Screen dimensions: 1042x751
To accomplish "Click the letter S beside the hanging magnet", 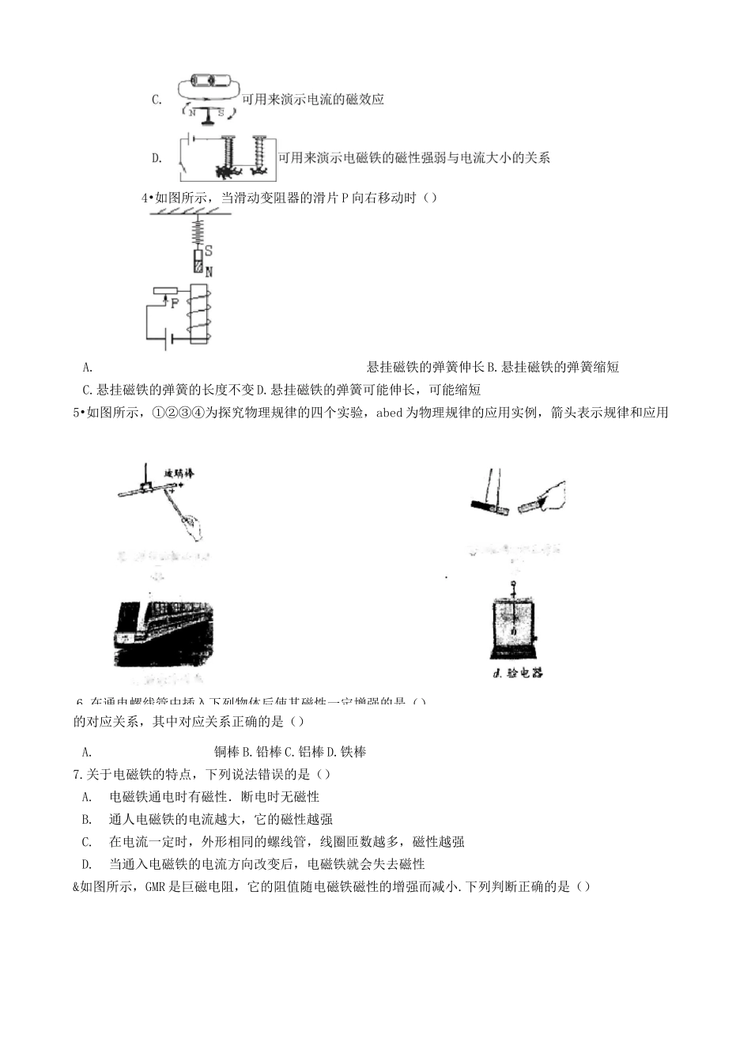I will (208, 251).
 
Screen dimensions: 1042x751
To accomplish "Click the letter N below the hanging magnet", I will (209, 271).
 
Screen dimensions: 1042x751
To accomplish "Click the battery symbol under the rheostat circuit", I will (167, 342).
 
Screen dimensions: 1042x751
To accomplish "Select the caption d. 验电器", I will (517, 674).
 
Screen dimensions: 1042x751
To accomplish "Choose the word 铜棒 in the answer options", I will (227, 752).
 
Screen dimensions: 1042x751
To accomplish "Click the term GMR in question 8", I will (154, 887).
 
